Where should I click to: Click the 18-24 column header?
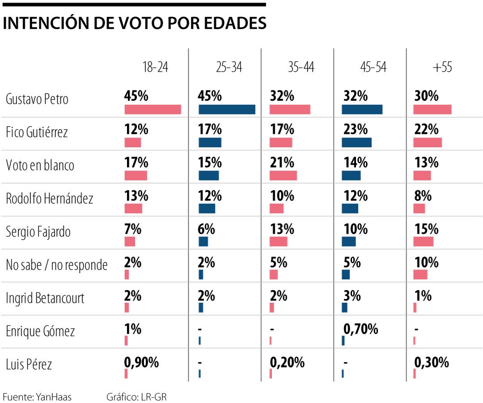pyautogui.click(x=155, y=67)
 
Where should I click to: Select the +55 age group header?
pyautogui.click(x=442, y=67)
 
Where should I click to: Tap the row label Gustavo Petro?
pyautogui.click(x=37, y=99)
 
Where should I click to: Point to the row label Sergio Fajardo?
pyautogui.click(x=38, y=232)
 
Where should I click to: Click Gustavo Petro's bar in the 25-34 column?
pyautogui.click(x=227, y=110)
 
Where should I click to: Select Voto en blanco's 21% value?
pyautogui.click(x=282, y=163)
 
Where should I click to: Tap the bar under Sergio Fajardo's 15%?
pyautogui.click(x=423, y=242)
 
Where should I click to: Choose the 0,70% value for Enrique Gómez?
pyautogui.click(x=360, y=329)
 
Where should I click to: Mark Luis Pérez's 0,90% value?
pyautogui.click(x=141, y=362)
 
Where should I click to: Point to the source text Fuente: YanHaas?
pyautogui.click(x=37, y=397)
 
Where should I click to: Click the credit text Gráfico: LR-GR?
pyautogui.click(x=136, y=397)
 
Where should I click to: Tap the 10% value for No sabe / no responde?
pyautogui.click(x=426, y=262)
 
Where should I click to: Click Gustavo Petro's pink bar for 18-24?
pyautogui.click(x=153, y=110)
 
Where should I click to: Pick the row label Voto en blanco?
pyautogui.click(x=40, y=165)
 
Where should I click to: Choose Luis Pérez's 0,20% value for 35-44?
pyautogui.click(x=287, y=362)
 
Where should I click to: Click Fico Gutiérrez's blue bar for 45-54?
pyautogui.click(x=356, y=142)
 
